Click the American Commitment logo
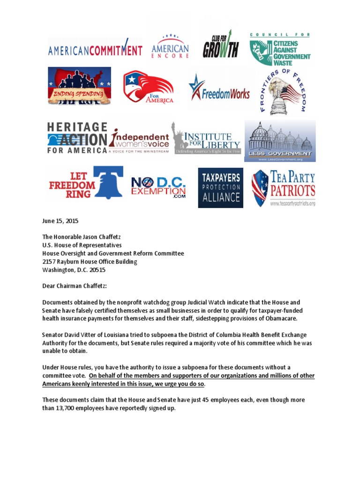95,50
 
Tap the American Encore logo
170,46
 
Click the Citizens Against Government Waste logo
280,49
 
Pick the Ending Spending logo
79,86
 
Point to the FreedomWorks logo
219,90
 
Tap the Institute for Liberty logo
207,138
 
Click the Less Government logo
280,141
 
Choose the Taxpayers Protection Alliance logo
220,187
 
